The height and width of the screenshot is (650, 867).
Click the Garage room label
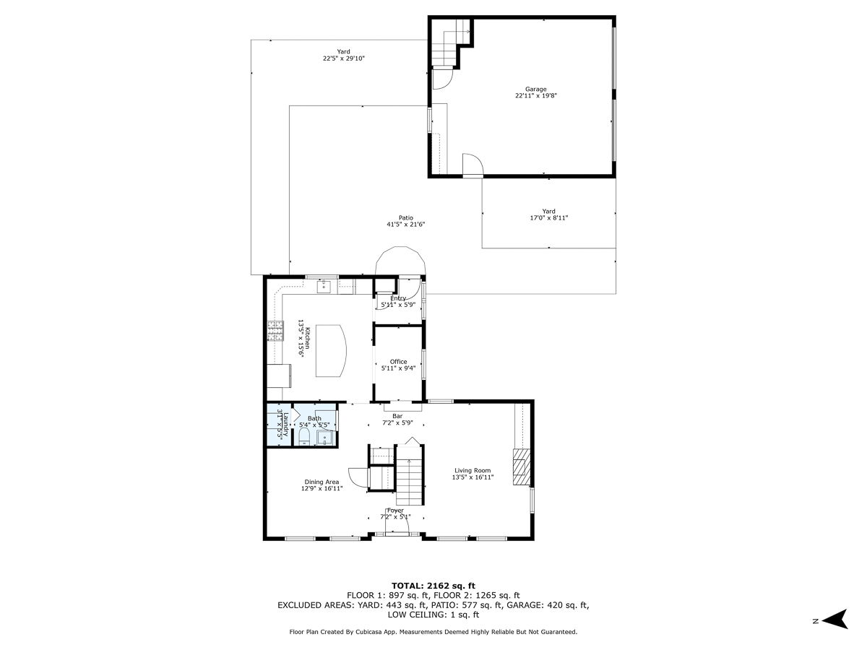535,90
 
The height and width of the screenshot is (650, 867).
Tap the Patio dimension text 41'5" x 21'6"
405,225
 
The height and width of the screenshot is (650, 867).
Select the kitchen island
330,350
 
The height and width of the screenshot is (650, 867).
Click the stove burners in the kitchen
275,331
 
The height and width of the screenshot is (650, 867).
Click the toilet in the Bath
303,438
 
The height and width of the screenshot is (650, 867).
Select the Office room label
398,362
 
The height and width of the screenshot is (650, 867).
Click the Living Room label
473,471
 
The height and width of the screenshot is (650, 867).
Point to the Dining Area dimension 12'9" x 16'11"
322,489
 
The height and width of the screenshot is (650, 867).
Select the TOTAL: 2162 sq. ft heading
433,585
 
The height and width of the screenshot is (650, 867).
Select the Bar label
397,416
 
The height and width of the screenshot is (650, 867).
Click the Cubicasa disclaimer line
433,632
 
